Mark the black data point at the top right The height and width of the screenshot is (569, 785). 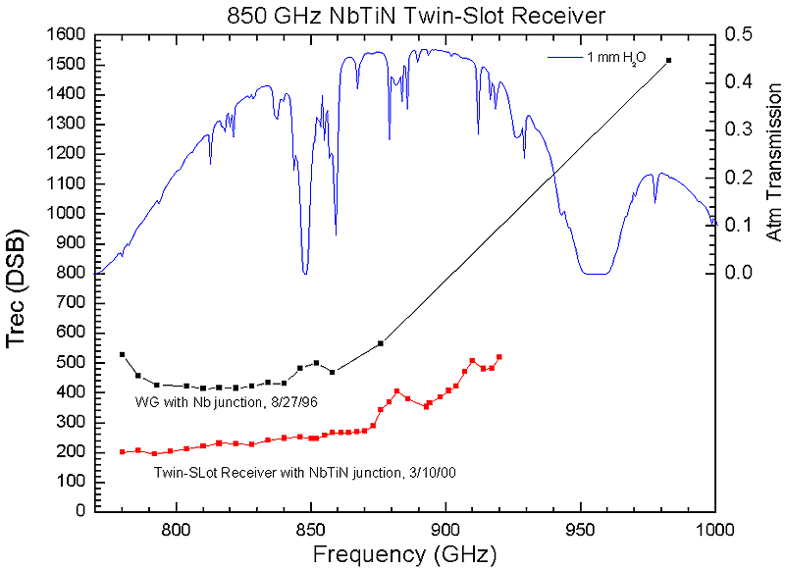tap(668, 60)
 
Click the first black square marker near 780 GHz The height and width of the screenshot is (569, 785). tap(123, 354)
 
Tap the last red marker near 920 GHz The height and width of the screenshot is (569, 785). tap(499, 356)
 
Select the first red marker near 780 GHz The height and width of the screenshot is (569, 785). tap(123, 451)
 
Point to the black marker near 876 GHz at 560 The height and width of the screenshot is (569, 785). tap(381, 343)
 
